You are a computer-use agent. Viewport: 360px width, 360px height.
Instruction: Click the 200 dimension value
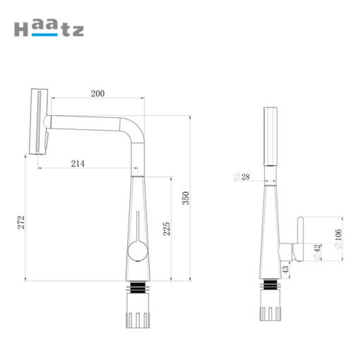(x=97, y=94)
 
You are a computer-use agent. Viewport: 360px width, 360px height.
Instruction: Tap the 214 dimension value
(x=78, y=164)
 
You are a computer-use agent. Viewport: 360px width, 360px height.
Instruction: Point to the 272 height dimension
(x=21, y=222)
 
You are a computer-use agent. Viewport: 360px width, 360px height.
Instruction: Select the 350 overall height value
(x=186, y=198)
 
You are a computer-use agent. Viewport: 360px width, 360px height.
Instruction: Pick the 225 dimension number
(x=167, y=229)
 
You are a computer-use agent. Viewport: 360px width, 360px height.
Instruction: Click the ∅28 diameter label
(x=242, y=177)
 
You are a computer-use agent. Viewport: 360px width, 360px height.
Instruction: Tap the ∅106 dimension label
(x=338, y=239)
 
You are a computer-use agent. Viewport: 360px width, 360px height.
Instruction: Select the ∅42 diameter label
(x=318, y=252)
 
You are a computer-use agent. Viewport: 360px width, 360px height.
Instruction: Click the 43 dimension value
(x=285, y=270)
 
